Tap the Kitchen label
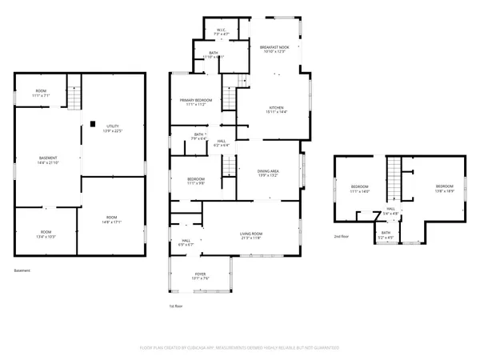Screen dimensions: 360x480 click(x=276, y=110)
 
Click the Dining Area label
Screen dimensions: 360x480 click(x=268, y=172)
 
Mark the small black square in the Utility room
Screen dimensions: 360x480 click(x=94, y=123)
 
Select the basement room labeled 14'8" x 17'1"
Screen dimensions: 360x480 click(x=112, y=220)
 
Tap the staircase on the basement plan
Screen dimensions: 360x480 click(x=74, y=97)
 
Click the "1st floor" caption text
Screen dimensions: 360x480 click(x=177, y=306)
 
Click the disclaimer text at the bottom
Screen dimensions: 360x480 click(x=239, y=348)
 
